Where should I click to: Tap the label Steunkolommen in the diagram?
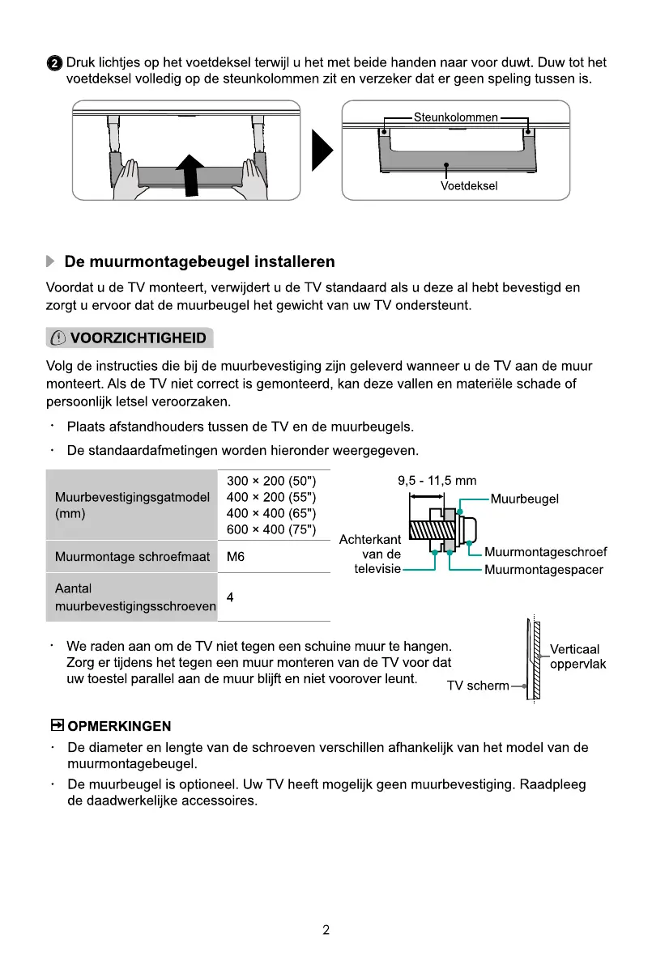point(456,117)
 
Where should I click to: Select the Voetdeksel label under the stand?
point(469,185)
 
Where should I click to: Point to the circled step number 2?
point(53,63)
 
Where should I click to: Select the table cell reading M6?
point(236,557)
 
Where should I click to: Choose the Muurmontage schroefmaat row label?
point(132,557)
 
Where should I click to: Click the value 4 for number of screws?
point(231,597)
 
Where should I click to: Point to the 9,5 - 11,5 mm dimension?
point(437,481)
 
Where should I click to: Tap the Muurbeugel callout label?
point(525,499)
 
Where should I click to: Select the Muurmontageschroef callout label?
point(545,553)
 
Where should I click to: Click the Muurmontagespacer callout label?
point(543,570)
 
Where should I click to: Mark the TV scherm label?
point(478,686)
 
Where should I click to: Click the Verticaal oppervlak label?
point(577,656)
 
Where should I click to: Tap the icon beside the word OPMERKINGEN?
point(58,724)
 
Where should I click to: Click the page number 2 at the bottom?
point(326,930)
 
